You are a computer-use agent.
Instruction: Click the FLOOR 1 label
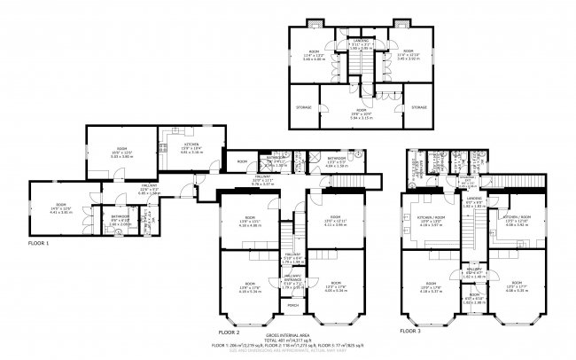(38, 242)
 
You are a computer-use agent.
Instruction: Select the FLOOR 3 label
(410, 330)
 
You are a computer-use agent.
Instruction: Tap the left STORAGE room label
(303, 107)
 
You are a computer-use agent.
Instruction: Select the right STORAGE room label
(418, 107)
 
